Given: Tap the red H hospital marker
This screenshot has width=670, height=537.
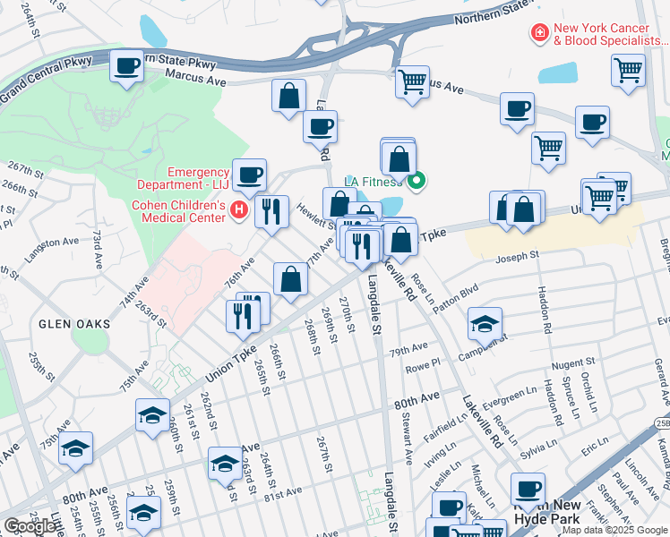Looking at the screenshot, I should pos(238,210).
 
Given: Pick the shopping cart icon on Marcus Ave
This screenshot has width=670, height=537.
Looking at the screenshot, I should pos(412,81).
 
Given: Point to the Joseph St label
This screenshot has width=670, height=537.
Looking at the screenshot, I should pos(519,256).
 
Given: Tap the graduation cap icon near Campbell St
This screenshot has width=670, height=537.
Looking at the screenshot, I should pos(485,324).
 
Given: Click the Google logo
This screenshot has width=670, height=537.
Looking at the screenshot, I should pos(30,525).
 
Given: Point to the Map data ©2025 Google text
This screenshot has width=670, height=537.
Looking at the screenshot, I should pos(614,530).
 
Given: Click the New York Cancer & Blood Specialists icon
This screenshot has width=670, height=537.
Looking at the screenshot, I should pos(539,34).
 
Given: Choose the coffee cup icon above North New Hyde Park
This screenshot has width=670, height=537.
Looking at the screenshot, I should pos(528,489).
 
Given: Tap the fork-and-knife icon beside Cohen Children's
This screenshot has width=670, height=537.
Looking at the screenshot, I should pos(271,211).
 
